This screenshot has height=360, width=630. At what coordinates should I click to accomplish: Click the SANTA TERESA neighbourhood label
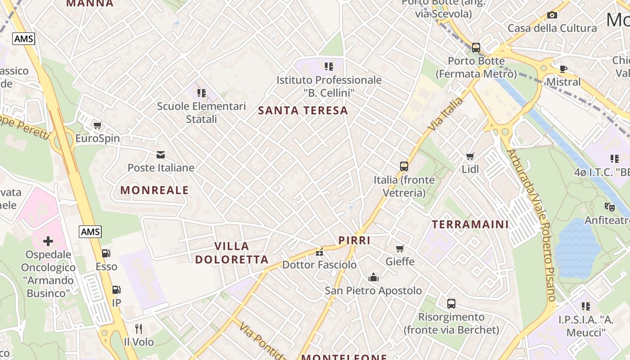point(303,110)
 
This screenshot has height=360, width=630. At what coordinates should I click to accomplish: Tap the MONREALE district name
point(154,190)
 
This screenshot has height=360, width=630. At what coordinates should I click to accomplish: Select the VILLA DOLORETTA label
point(232,252)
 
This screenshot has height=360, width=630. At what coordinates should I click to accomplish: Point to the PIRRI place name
point(355,240)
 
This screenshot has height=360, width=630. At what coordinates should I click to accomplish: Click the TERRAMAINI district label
point(470,224)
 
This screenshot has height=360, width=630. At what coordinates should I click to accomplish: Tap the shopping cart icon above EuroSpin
point(98,125)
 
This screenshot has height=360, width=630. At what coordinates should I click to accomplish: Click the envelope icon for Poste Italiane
point(161,155)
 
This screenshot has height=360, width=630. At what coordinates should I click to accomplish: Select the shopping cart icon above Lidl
point(470,156)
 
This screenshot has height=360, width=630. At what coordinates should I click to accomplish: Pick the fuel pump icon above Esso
point(106,253)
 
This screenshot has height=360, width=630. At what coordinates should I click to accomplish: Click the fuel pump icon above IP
point(116,289)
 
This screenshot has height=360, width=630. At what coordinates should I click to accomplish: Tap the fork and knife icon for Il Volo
point(139,329)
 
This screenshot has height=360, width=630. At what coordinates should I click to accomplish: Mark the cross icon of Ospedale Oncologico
point(48,241)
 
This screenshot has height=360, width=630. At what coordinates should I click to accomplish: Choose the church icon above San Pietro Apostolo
point(373,277)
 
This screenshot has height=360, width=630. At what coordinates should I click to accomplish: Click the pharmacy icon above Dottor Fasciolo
point(319,251)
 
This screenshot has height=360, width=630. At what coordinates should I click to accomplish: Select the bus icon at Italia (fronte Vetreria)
point(404,166)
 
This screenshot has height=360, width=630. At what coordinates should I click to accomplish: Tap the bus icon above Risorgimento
point(451,304)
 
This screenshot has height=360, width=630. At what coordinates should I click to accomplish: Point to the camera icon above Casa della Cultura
point(552,15)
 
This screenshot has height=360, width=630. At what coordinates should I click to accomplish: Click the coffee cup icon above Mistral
point(563,69)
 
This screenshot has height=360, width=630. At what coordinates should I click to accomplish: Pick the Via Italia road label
point(445,114)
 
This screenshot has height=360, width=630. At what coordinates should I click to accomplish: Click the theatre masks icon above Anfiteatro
point(610,207)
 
